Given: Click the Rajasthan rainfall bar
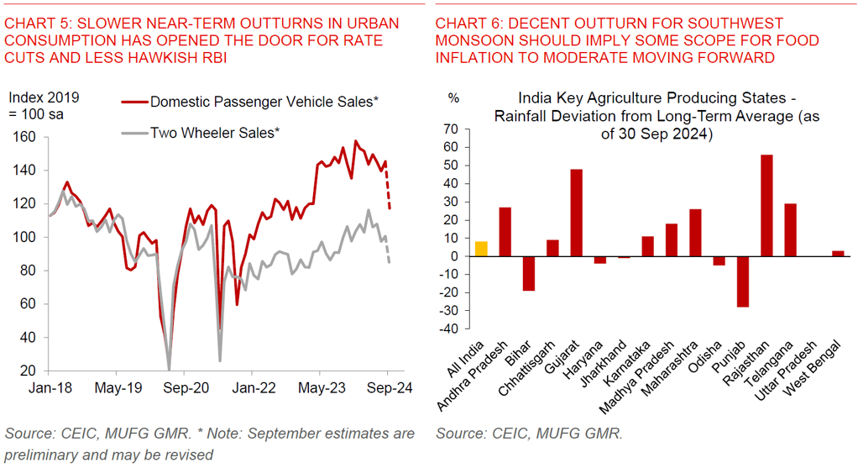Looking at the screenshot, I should tap(766, 206).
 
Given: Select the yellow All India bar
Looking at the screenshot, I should tap(480, 249).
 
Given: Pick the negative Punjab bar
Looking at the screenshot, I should tap(742, 281).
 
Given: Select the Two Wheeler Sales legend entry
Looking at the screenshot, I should tap(214, 132).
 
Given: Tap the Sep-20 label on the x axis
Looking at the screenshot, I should tap(185, 389).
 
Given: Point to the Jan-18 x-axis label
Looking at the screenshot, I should tap(50, 389).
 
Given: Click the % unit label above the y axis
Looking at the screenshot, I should tap(453, 97).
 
